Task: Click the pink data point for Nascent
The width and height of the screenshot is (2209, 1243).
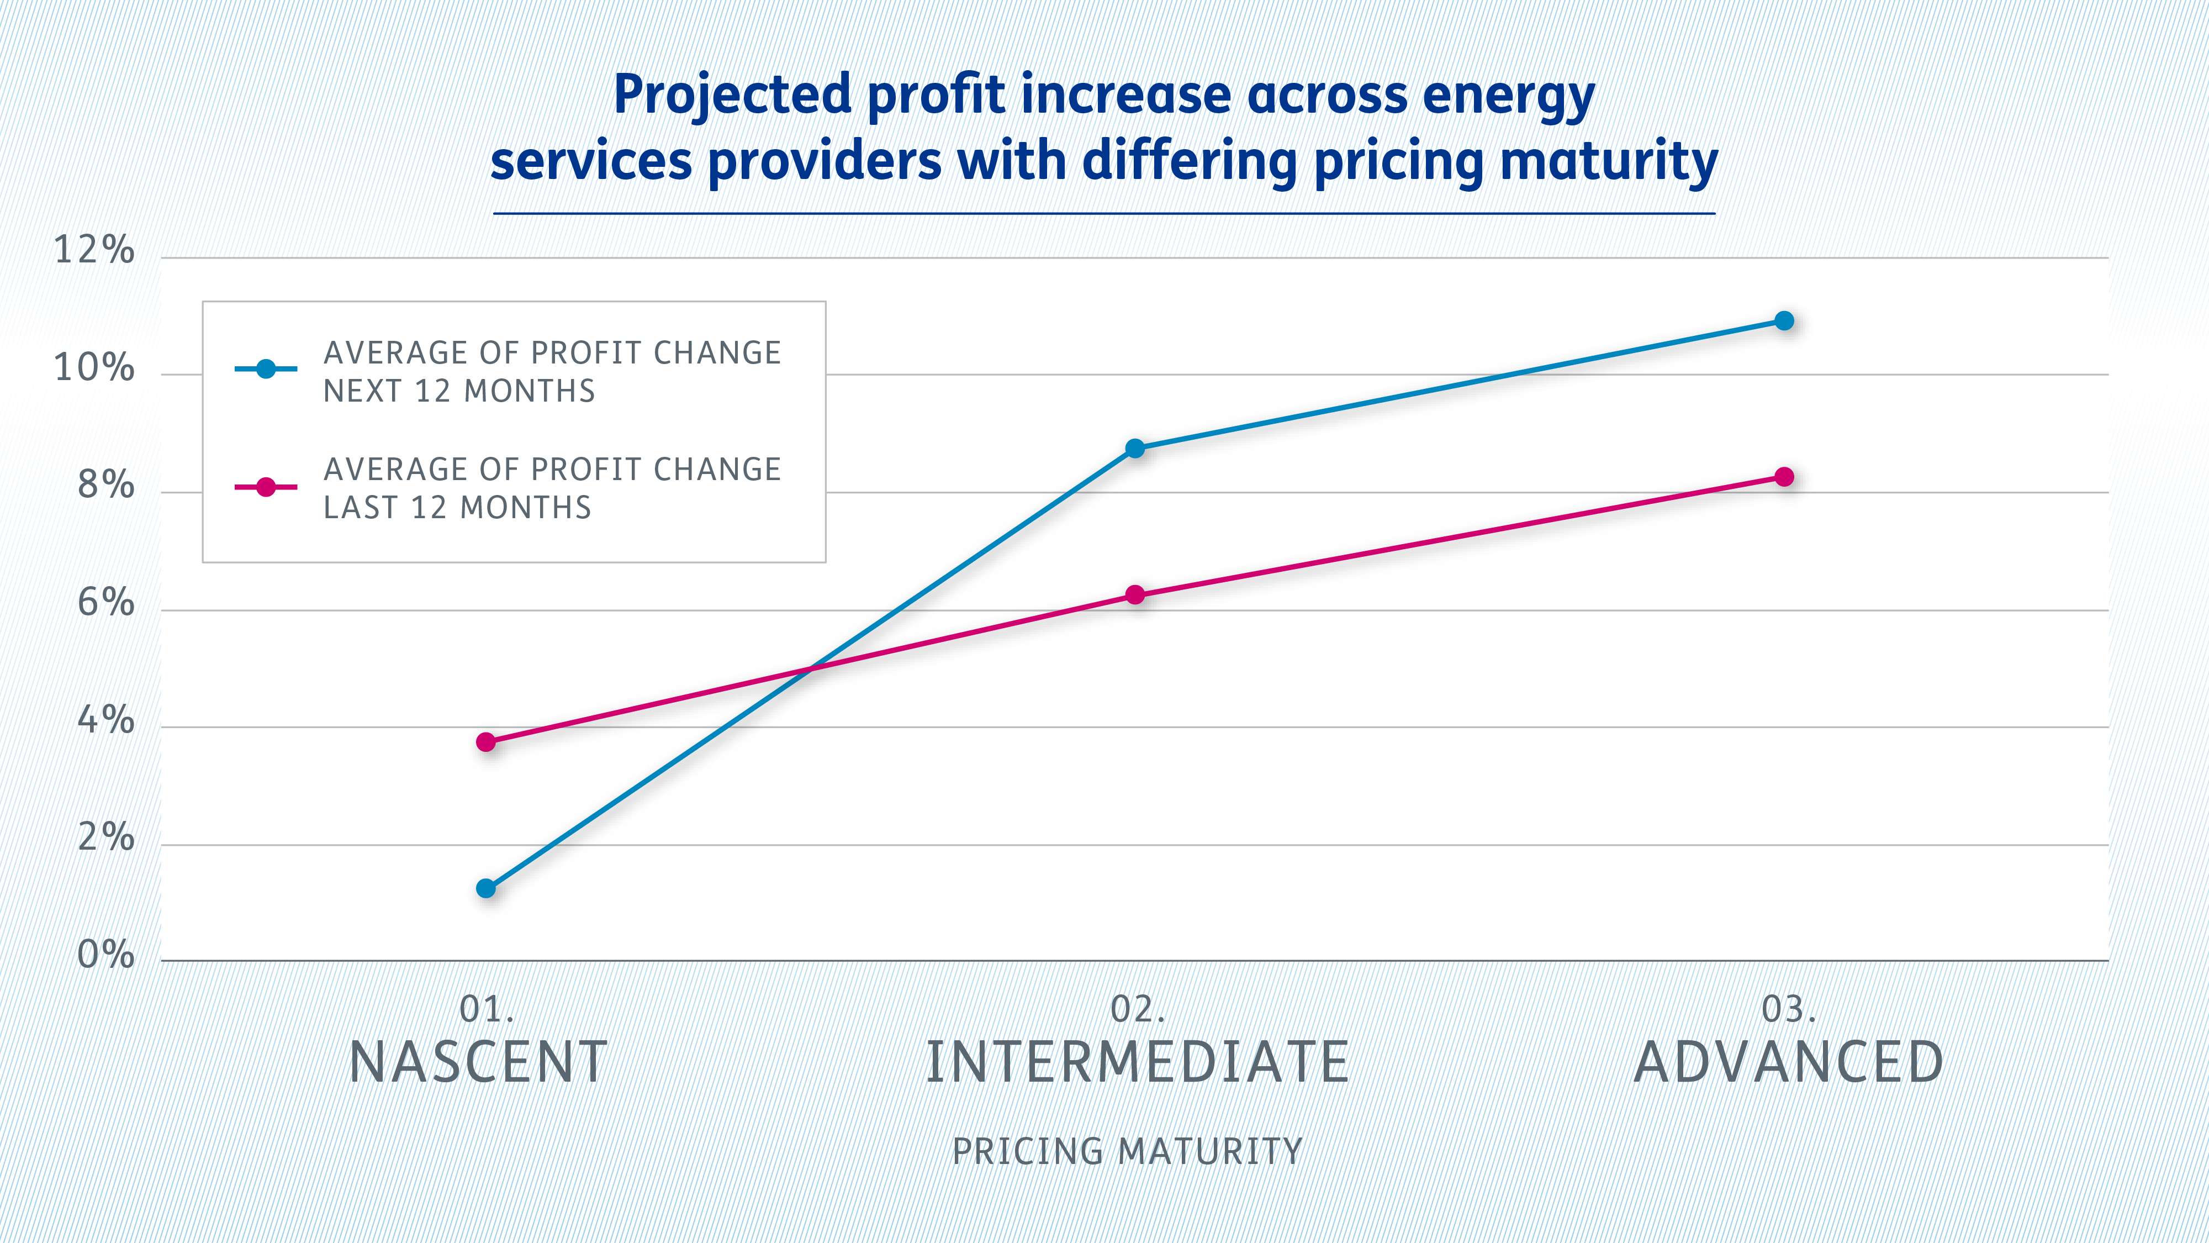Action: click(x=486, y=741)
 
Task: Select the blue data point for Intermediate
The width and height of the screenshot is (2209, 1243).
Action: click(x=1134, y=448)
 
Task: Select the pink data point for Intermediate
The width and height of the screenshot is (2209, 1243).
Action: click(x=1134, y=594)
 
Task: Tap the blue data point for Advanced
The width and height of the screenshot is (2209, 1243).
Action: click(x=1784, y=321)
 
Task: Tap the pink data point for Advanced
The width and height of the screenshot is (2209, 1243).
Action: click(x=1784, y=477)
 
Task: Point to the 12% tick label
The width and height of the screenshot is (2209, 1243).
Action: click(x=94, y=250)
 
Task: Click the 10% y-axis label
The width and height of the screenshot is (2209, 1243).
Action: click(x=94, y=368)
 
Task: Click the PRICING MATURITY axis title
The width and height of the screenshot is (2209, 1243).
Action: click(x=1127, y=1151)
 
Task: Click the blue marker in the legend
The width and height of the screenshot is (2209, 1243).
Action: click(x=266, y=369)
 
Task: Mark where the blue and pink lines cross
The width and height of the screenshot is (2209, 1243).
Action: click(x=810, y=668)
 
